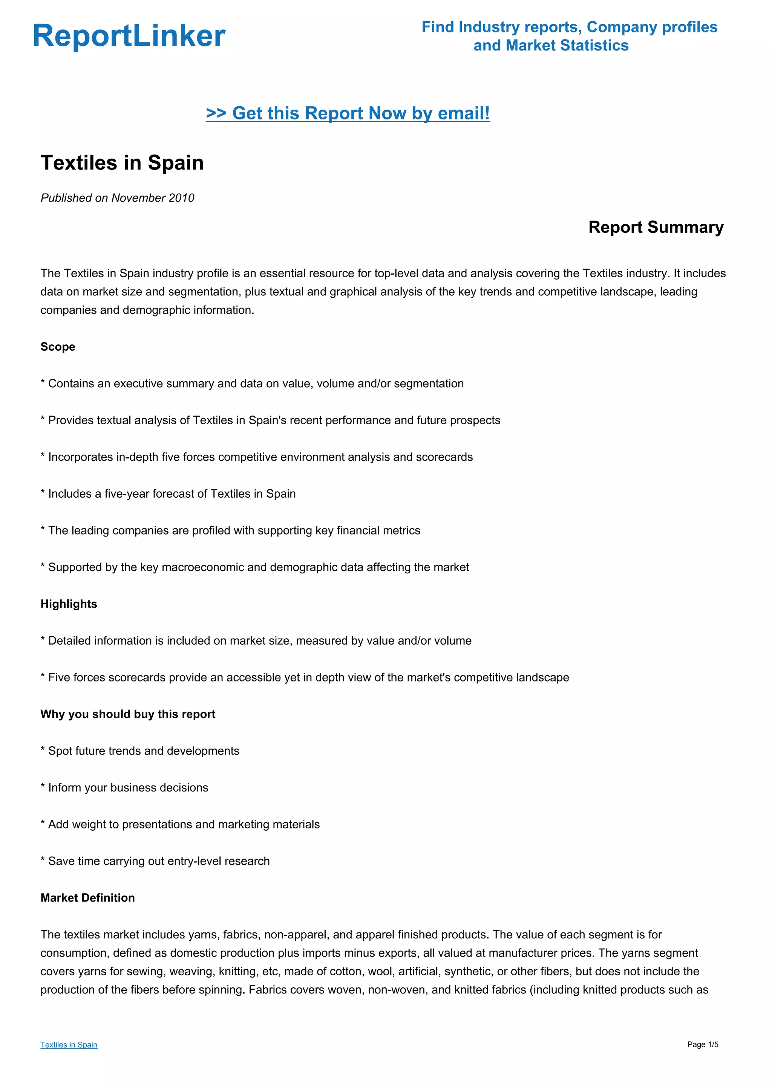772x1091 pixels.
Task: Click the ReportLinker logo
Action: tap(129, 36)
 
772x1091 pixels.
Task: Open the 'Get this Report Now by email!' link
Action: tap(348, 113)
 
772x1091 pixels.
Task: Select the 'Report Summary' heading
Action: tap(656, 227)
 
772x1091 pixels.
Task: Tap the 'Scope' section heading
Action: tap(58, 347)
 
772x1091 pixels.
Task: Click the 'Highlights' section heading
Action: tap(69, 604)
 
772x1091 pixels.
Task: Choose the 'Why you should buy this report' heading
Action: tap(128, 714)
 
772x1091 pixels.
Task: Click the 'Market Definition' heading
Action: tap(88, 898)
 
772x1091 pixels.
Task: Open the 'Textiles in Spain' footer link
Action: tap(69, 1044)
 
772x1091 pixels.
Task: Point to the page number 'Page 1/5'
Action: tap(703, 1044)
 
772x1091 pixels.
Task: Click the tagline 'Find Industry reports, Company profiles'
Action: tap(569, 27)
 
